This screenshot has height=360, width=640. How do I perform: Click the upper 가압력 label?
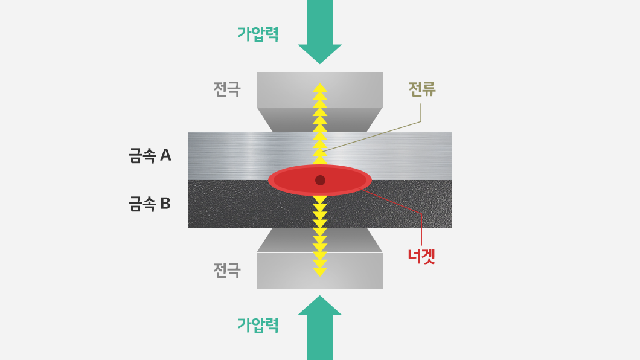point(258,33)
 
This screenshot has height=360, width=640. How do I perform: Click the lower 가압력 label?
point(258,325)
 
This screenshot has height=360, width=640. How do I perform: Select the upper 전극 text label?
point(227,89)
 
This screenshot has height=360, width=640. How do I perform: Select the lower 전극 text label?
point(227,270)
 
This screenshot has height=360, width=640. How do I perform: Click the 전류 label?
point(422,89)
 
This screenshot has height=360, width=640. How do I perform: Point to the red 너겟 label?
point(421,256)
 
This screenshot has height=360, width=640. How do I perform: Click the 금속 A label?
point(150,156)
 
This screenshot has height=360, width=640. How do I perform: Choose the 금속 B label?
point(150,204)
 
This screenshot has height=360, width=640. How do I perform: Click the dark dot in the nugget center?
point(321,180)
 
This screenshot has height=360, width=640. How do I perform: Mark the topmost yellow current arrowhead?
point(320,88)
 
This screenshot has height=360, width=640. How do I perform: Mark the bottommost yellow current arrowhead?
point(320,272)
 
